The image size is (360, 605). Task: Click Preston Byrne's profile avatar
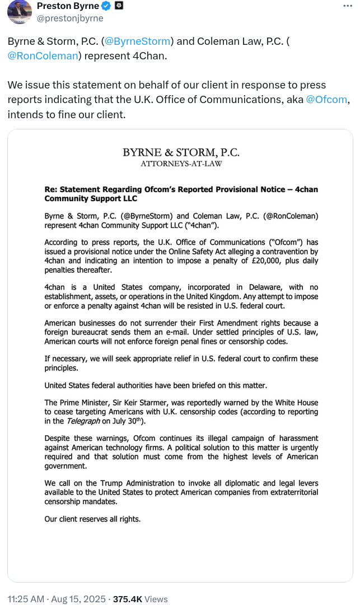(20, 12)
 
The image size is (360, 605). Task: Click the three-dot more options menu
(348, 6)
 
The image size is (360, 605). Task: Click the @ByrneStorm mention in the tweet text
(138, 41)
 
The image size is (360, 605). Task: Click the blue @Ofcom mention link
(327, 100)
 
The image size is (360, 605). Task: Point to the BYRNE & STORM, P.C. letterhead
(181, 152)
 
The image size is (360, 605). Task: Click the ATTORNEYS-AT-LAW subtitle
(181, 164)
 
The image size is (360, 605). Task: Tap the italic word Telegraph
(80, 421)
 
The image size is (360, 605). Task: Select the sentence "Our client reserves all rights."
(92, 519)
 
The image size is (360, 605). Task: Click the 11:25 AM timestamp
(26, 599)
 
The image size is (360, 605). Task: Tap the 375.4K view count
(128, 599)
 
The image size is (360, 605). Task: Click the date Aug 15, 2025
(79, 599)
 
